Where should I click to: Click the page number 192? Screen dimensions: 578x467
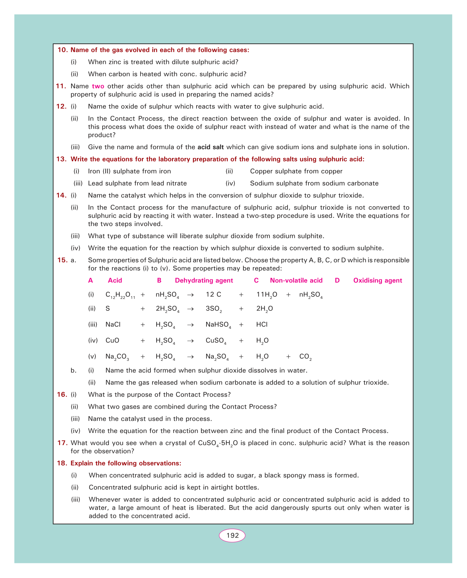[x=232, y=536]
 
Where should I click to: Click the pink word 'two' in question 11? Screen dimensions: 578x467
[x=98, y=86]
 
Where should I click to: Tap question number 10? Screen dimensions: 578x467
[x=63, y=50]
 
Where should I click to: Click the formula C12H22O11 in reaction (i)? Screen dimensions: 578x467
[x=120, y=295]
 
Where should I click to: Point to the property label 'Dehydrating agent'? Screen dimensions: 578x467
[x=204, y=280]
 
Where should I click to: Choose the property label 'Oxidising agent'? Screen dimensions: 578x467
[x=377, y=280]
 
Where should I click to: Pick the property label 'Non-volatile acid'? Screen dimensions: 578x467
[x=296, y=280]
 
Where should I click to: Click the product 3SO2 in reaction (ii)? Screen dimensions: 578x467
[x=214, y=309]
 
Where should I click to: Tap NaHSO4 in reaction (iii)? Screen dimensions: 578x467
[x=218, y=325]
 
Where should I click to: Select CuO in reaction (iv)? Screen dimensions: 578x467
[x=112, y=341]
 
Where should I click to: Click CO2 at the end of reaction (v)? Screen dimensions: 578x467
[x=305, y=357]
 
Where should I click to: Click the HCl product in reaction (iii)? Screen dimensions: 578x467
[x=262, y=325]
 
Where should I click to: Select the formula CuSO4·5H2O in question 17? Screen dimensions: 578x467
[x=218, y=443]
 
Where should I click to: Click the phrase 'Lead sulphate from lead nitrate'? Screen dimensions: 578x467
[x=137, y=183]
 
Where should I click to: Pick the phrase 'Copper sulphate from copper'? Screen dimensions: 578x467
[x=296, y=171]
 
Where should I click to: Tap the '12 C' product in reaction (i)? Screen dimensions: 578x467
[x=213, y=294]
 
